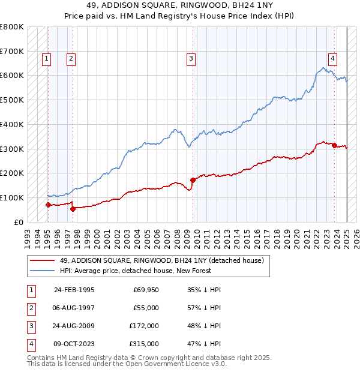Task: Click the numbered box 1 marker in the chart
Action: (x=46, y=58)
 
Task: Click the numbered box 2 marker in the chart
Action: (x=71, y=58)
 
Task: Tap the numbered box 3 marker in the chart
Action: (x=191, y=58)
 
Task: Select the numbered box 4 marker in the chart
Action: (x=332, y=58)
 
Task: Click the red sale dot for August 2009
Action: (x=193, y=179)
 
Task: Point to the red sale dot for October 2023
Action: (x=334, y=145)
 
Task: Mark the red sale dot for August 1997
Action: (x=73, y=209)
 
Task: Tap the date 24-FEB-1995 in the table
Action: (x=74, y=290)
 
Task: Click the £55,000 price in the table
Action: (x=146, y=308)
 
